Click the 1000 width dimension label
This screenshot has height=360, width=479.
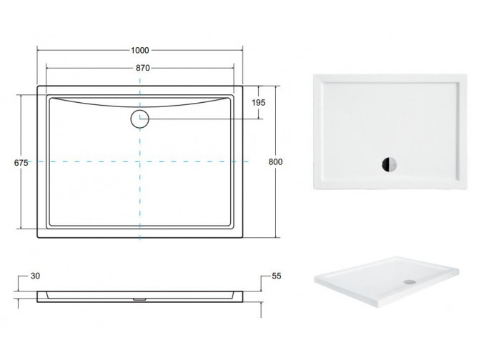[x=139, y=50]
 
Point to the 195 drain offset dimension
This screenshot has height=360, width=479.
[x=259, y=103]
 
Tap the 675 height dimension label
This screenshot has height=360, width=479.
[x=21, y=162]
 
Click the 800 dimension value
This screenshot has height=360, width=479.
[x=275, y=162]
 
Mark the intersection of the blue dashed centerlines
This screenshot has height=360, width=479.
[x=139, y=163]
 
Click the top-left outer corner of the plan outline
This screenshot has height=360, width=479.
[x=36, y=87]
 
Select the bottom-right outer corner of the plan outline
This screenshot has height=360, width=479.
[x=244, y=237]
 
